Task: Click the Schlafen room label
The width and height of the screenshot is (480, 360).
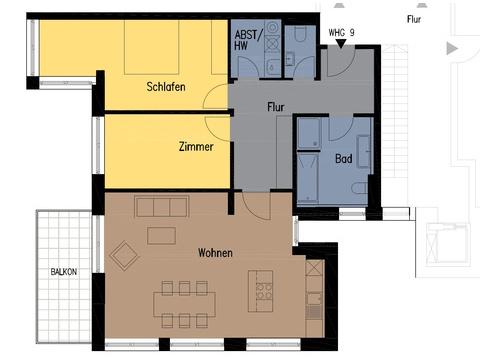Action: pyautogui.click(x=166, y=87)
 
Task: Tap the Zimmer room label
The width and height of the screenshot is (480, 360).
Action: pyautogui.click(x=196, y=146)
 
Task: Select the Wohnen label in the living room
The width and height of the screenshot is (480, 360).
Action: pyautogui.click(x=215, y=253)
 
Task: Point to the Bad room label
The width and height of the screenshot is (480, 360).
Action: pyautogui.click(x=344, y=158)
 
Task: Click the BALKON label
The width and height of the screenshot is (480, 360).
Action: pyautogui.click(x=64, y=272)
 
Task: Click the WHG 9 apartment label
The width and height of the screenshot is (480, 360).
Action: pyautogui.click(x=341, y=33)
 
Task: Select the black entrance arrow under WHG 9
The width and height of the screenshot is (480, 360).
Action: pyautogui.click(x=341, y=44)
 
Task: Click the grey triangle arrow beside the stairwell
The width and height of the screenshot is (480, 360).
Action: pyautogui.click(x=452, y=48)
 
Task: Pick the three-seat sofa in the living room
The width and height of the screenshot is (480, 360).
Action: pyautogui.click(x=162, y=207)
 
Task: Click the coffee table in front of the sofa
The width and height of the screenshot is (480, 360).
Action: pyautogui.click(x=161, y=235)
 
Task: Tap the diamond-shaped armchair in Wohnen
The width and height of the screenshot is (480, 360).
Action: pyautogui.click(x=124, y=256)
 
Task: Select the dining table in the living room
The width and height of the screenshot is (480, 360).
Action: pyautogui.click(x=184, y=304)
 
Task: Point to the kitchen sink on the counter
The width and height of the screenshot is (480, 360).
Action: pyautogui.click(x=314, y=298)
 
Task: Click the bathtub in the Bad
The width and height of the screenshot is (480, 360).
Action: pyautogui.click(x=307, y=178)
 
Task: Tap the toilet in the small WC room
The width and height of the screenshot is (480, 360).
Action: pyautogui.click(x=300, y=34)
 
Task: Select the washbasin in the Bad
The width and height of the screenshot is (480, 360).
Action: pyautogui.click(x=364, y=152)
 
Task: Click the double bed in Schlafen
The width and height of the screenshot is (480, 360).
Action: pyautogui.click(x=151, y=47)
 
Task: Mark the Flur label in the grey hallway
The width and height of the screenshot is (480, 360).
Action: pyautogui.click(x=276, y=107)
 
